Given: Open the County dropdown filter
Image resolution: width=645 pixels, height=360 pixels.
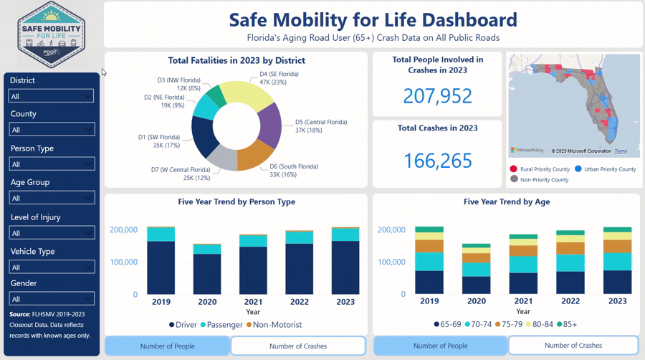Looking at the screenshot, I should pyautogui.click(x=51, y=130).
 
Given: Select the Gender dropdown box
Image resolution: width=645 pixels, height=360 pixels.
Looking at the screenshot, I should pyautogui.click(x=51, y=299).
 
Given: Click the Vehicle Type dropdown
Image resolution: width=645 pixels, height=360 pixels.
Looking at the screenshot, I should pyautogui.click(x=51, y=267).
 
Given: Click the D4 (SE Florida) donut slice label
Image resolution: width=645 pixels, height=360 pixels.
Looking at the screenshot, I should pyautogui.click(x=279, y=78).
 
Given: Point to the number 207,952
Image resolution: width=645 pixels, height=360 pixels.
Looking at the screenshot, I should pyautogui.click(x=437, y=96).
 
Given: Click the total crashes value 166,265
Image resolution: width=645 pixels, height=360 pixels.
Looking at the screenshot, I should pyautogui.click(x=437, y=161).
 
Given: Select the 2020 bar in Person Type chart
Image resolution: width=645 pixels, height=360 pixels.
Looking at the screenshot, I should pyautogui.click(x=208, y=269).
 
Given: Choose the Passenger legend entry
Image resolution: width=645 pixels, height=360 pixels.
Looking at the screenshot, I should pyautogui.click(x=219, y=325).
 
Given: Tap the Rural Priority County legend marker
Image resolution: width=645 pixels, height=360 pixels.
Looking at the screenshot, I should pyautogui.click(x=514, y=169).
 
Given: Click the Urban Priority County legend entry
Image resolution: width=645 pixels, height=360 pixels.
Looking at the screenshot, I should pyautogui.click(x=605, y=169).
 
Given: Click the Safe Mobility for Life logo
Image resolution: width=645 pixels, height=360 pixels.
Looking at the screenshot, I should pyautogui.click(x=52, y=35).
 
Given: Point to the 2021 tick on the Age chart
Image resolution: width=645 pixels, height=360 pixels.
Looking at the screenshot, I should pyautogui.click(x=523, y=302).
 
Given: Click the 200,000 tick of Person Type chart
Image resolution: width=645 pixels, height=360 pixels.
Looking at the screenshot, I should pyautogui.click(x=124, y=229).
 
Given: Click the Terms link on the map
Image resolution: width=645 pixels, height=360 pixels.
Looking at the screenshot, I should pyautogui.click(x=621, y=151).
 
